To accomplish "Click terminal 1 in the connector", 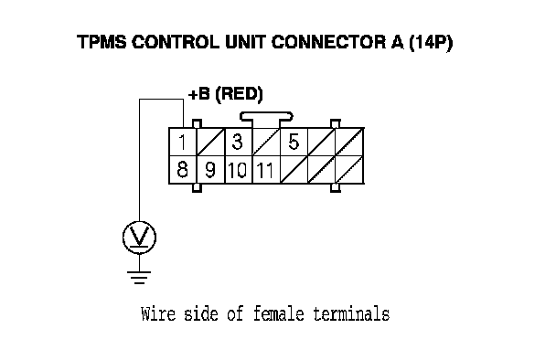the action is [x=183, y=142].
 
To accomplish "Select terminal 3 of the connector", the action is [x=239, y=142].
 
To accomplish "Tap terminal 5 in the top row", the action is [x=294, y=142].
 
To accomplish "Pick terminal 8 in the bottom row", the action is [x=183, y=169].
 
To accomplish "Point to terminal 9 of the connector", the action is [x=210, y=169].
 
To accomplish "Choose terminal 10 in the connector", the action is [x=239, y=169].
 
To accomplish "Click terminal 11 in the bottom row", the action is [x=266, y=169].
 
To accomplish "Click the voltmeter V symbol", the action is [x=139, y=238].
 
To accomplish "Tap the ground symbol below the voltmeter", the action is [x=139, y=277].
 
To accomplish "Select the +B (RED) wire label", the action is [x=226, y=94].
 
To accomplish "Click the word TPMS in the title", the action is [x=102, y=42].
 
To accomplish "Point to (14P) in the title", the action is [x=431, y=43].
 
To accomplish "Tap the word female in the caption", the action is [x=279, y=314].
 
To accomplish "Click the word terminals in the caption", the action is [x=352, y=314].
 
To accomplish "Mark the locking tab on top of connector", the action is [x=266, y=117].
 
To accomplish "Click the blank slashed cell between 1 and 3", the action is [x=210, y=142].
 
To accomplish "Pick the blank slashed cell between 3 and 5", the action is [x=266, y=142].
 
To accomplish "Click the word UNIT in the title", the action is [x=246, y=42].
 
